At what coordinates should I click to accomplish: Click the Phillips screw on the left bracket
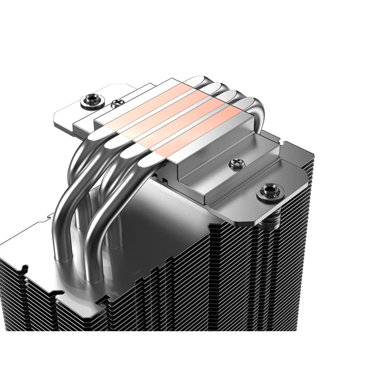coord(116,103)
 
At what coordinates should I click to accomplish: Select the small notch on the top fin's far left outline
coord(49,217)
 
